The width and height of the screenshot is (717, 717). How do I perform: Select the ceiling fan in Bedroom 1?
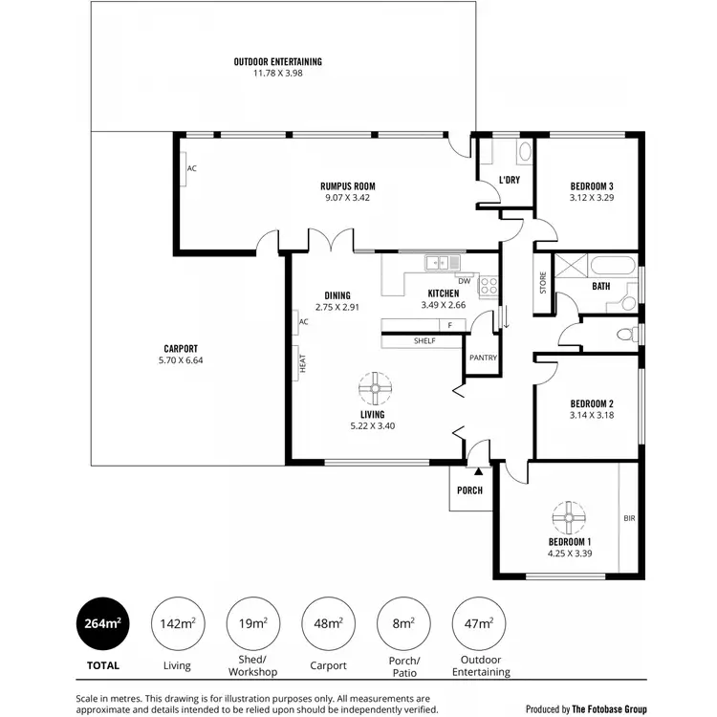pos(568,517)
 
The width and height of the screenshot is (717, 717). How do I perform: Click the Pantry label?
pos(481,358)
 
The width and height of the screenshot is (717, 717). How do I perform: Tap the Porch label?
pos(469,490)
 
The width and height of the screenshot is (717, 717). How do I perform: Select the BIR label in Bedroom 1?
pos(628,518)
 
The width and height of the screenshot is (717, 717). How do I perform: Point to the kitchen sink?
pos(442,262)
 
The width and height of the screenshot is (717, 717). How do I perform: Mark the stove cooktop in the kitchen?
pos(488,284)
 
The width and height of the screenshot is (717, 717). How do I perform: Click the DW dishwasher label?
pos(464,280)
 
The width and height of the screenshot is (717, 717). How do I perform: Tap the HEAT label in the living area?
pos(303,363)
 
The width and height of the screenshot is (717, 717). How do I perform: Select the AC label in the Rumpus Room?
pos(191,168)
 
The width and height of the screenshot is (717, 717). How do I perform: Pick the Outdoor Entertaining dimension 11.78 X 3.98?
pos(277,73)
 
